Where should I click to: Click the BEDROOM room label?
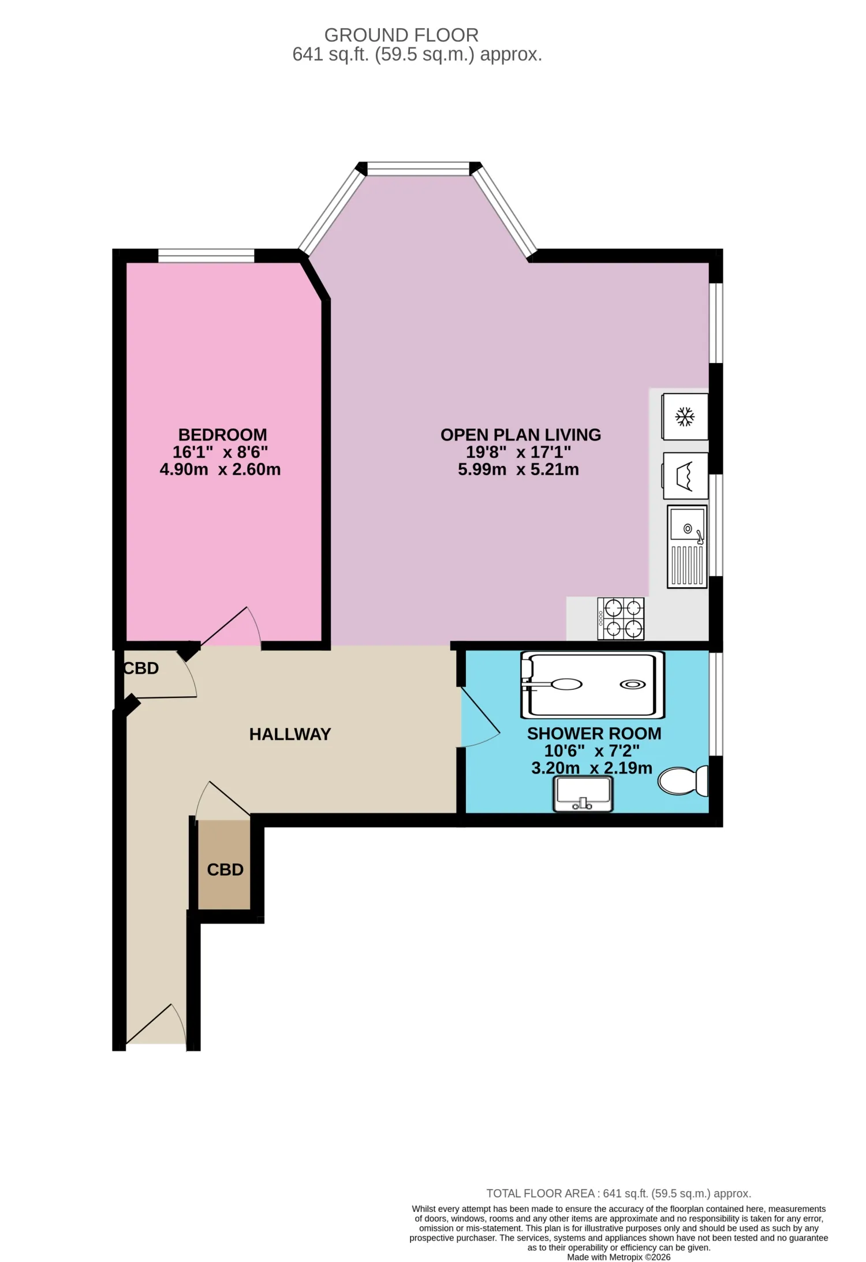[x=222, y=435]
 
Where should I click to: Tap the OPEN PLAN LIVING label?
[x=521, y=435]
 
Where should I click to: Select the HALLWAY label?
[x=290, y=734]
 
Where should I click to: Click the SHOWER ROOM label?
[x=594, y=734]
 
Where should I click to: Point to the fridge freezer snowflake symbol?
[x=685, y=417]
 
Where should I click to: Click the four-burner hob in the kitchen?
[x=621, y=618]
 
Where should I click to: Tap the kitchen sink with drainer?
[x=687, y=547]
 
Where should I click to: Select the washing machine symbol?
[x=685, y=476]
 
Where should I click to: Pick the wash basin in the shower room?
[x=583, y=794]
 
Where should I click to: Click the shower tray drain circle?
[x=633, y=685]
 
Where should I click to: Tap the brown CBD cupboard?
[x=225, y=864]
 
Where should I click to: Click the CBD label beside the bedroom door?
[x=141, y=669]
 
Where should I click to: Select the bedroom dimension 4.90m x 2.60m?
[x=220, y=469]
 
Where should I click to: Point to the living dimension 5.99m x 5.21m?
[x=518, y=469]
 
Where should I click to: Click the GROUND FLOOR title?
[x=401, y=35]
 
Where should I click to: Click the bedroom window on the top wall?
[x=206, y=256]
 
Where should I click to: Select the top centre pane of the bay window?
[x=419, y=169]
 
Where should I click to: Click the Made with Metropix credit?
[x=618, y=1257]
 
